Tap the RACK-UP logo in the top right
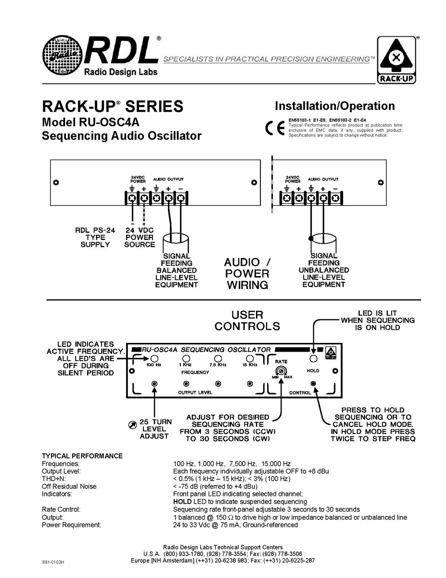coord(396,61)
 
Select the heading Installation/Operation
coord(334,106)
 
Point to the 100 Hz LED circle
coord(154,359)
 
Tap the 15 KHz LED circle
coord(249,359)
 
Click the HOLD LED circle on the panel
coord(313,359)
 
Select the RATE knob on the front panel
coord(281,371)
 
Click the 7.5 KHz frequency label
coord(217,365)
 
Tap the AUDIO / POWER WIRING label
coord(247,274)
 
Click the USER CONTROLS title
coord(247,320)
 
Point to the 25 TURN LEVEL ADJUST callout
coord(155,429)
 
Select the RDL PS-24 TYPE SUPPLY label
coord(95,237)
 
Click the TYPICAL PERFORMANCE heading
coord(82,456)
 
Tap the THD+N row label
coord(54,479)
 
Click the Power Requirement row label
coord(72,525)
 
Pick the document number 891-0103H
coord(53,562)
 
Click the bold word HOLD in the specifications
coord(182,502)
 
